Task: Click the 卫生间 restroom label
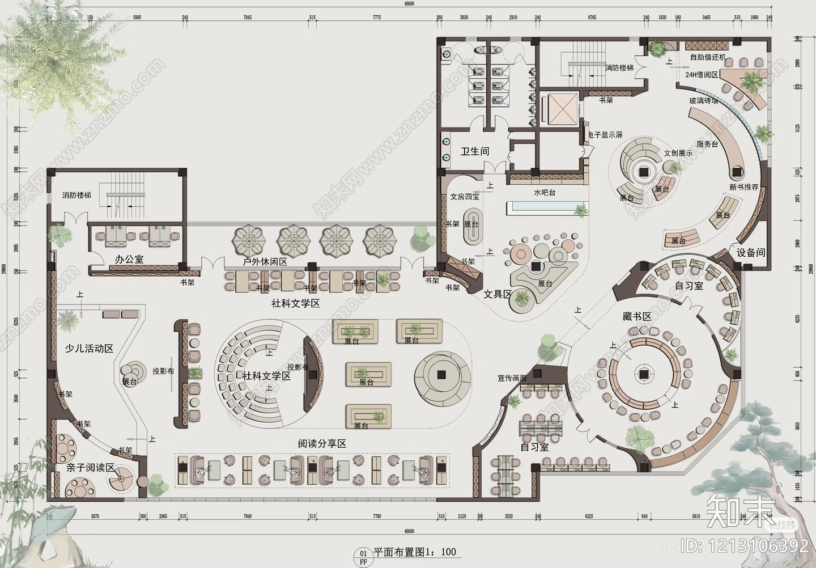(474, 151)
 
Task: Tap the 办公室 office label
(129, 259)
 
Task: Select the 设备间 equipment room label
(751, 252)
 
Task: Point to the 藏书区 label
(637, 316)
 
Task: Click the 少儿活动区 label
(90, 348)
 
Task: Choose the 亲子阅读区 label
(90, 468)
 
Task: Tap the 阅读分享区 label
(322, 443)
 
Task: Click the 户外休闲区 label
(265, 262)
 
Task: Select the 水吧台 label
(544, 193)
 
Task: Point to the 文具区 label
(498, 294)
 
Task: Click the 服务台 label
(707, 144)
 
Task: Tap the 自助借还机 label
(708, 57)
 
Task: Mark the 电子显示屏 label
(605, 135)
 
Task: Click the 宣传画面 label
(512, 378)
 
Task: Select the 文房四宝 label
(465, 197)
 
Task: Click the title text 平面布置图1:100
(415, 552)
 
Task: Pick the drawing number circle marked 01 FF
(363, 556)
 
